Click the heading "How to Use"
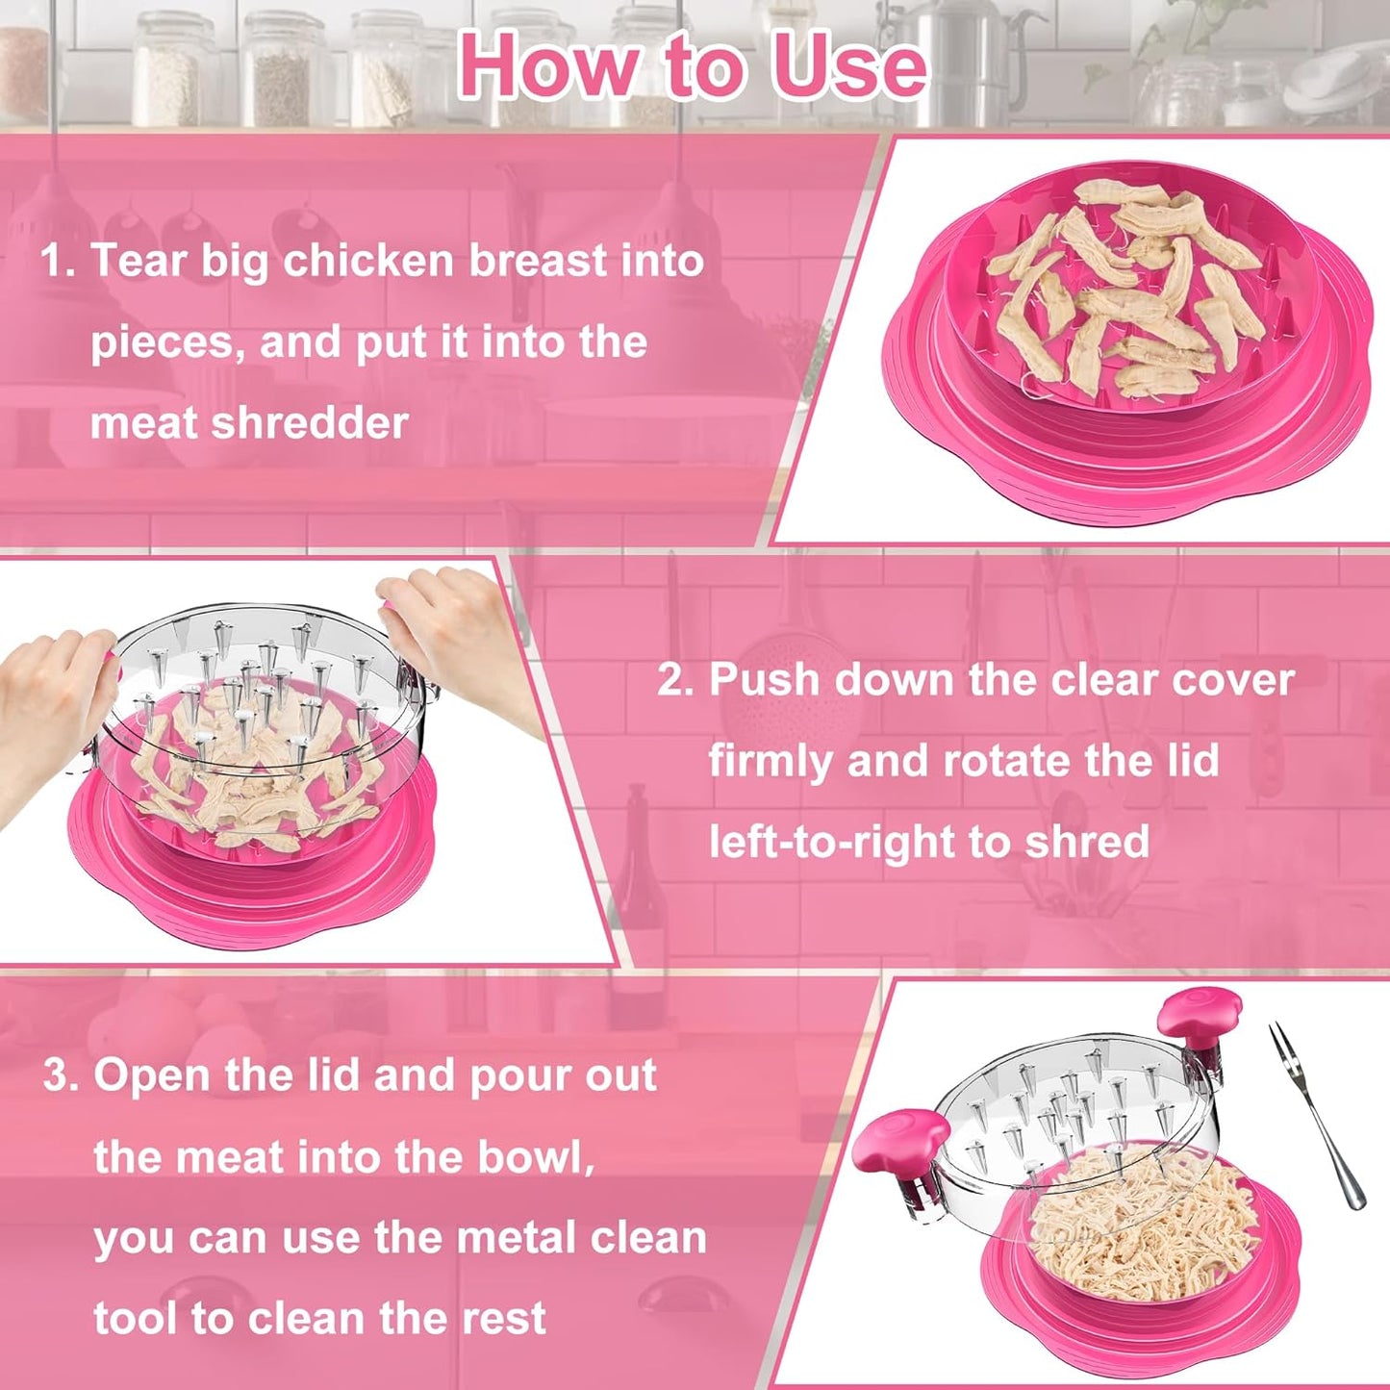(x=693, y=65)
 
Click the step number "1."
(x=58, y=262)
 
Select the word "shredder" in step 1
(x=310, y=423)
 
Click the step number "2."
(x=675, y=680)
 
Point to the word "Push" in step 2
(x=765, y=680)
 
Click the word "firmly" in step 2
(x=771, y=761)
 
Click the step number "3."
(x=61, y=1075)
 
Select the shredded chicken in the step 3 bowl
(x=1145, y=1222)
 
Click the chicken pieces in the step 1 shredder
(x=1125, y=289)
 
